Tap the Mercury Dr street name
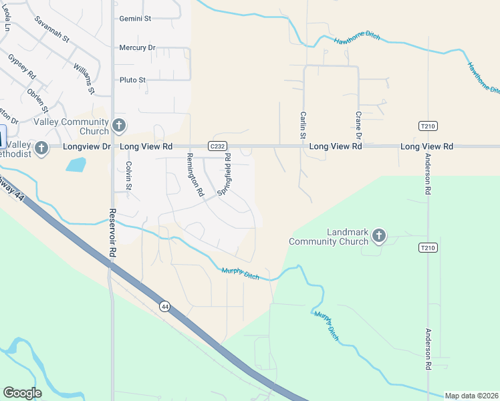click(137, 48)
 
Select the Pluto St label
click(132, 80)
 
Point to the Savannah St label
click(52, 29)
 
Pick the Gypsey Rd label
click(22, 68)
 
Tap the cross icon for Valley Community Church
click(119, 125)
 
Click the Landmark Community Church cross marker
click(379, 235)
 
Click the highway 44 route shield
click(164, 306)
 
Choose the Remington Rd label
click(195, 174)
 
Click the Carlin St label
click(303, 125)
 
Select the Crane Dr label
click(358, 126)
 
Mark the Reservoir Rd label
click(112, 234)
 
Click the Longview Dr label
click(87, 146)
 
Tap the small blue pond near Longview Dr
click(76, 164)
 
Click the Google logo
click(22, 393)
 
